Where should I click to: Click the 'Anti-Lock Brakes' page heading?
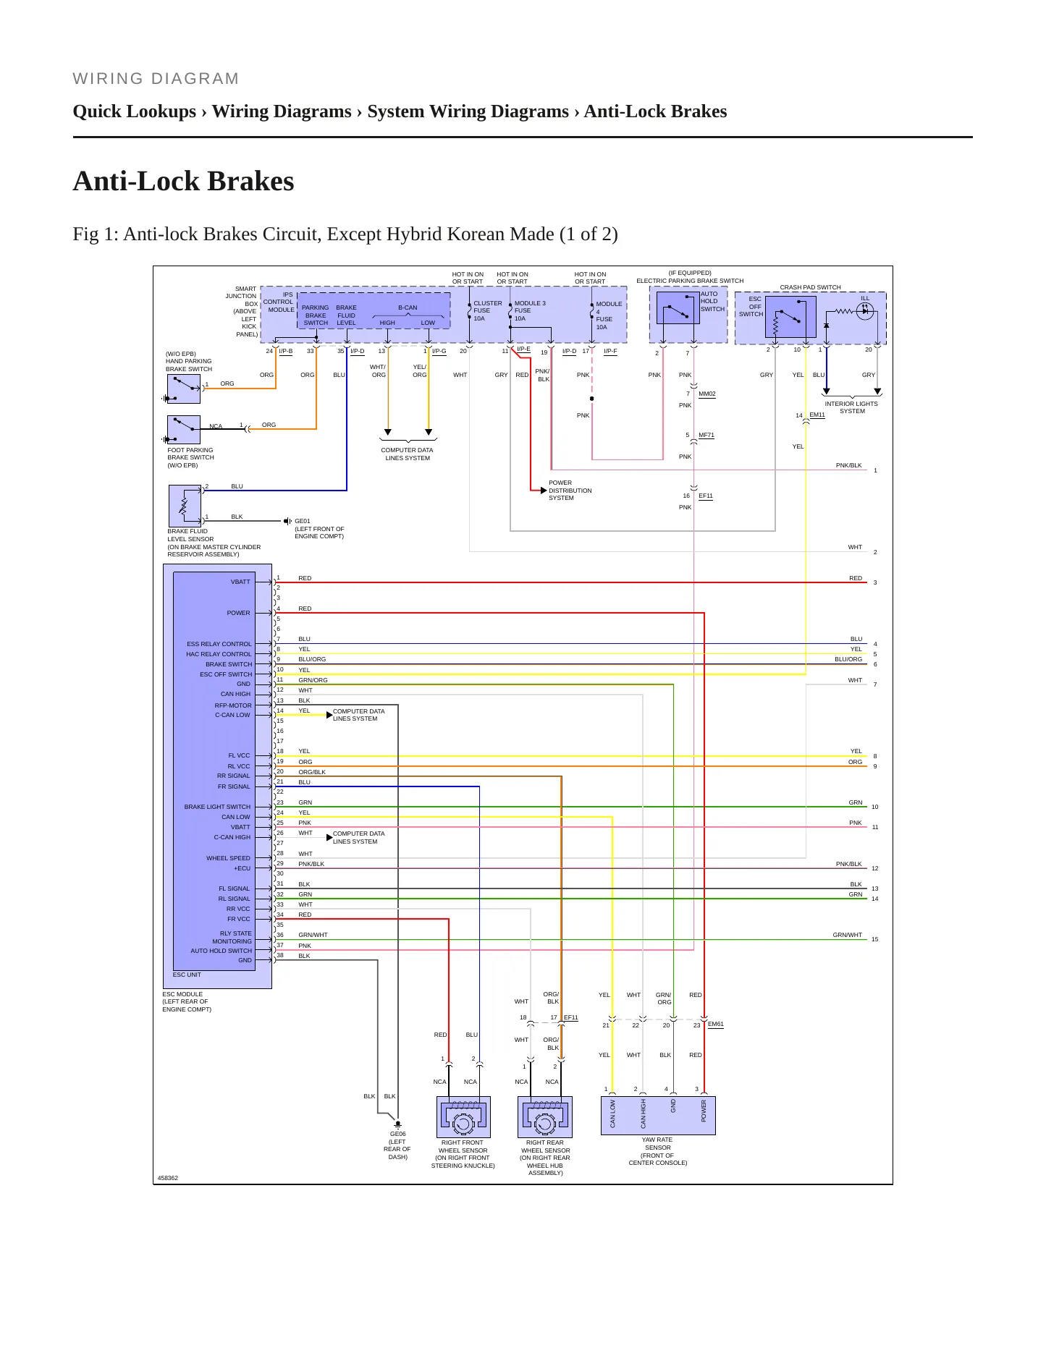click(x=183, y=181)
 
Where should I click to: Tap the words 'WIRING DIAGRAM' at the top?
click(x=156, y=79)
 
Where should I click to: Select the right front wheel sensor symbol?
click(x=463, y=1116)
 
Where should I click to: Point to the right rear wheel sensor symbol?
click(x=545, y=1116)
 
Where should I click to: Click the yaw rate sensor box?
click(x=658, y=1116)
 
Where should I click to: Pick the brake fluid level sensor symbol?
click(x=185, y=505)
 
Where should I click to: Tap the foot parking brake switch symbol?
click(x=184, y=430)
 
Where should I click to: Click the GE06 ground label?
click(x=397, y=1134)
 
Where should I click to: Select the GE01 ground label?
click(x=303, y=521)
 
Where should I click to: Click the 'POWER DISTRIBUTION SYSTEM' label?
click(x=570, y=491)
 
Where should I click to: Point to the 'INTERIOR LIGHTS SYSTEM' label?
click(x=851, y=407)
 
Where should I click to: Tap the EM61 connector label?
click(x=716, y=1024)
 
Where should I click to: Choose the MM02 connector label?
click(x=707, y=394)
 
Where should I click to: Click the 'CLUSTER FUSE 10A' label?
click(x=487, y=310)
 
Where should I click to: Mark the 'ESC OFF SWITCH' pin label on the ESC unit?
click(x=226, y=674)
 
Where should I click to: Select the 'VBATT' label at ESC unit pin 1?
click(x=240, y=582)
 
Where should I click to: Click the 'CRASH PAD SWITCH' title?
click(x=810, y=287)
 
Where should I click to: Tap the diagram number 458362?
click(x=168, y=1178)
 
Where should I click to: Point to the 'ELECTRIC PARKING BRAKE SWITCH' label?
click(x=690, y=281)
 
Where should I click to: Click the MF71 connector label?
click(x=707, y=435)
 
